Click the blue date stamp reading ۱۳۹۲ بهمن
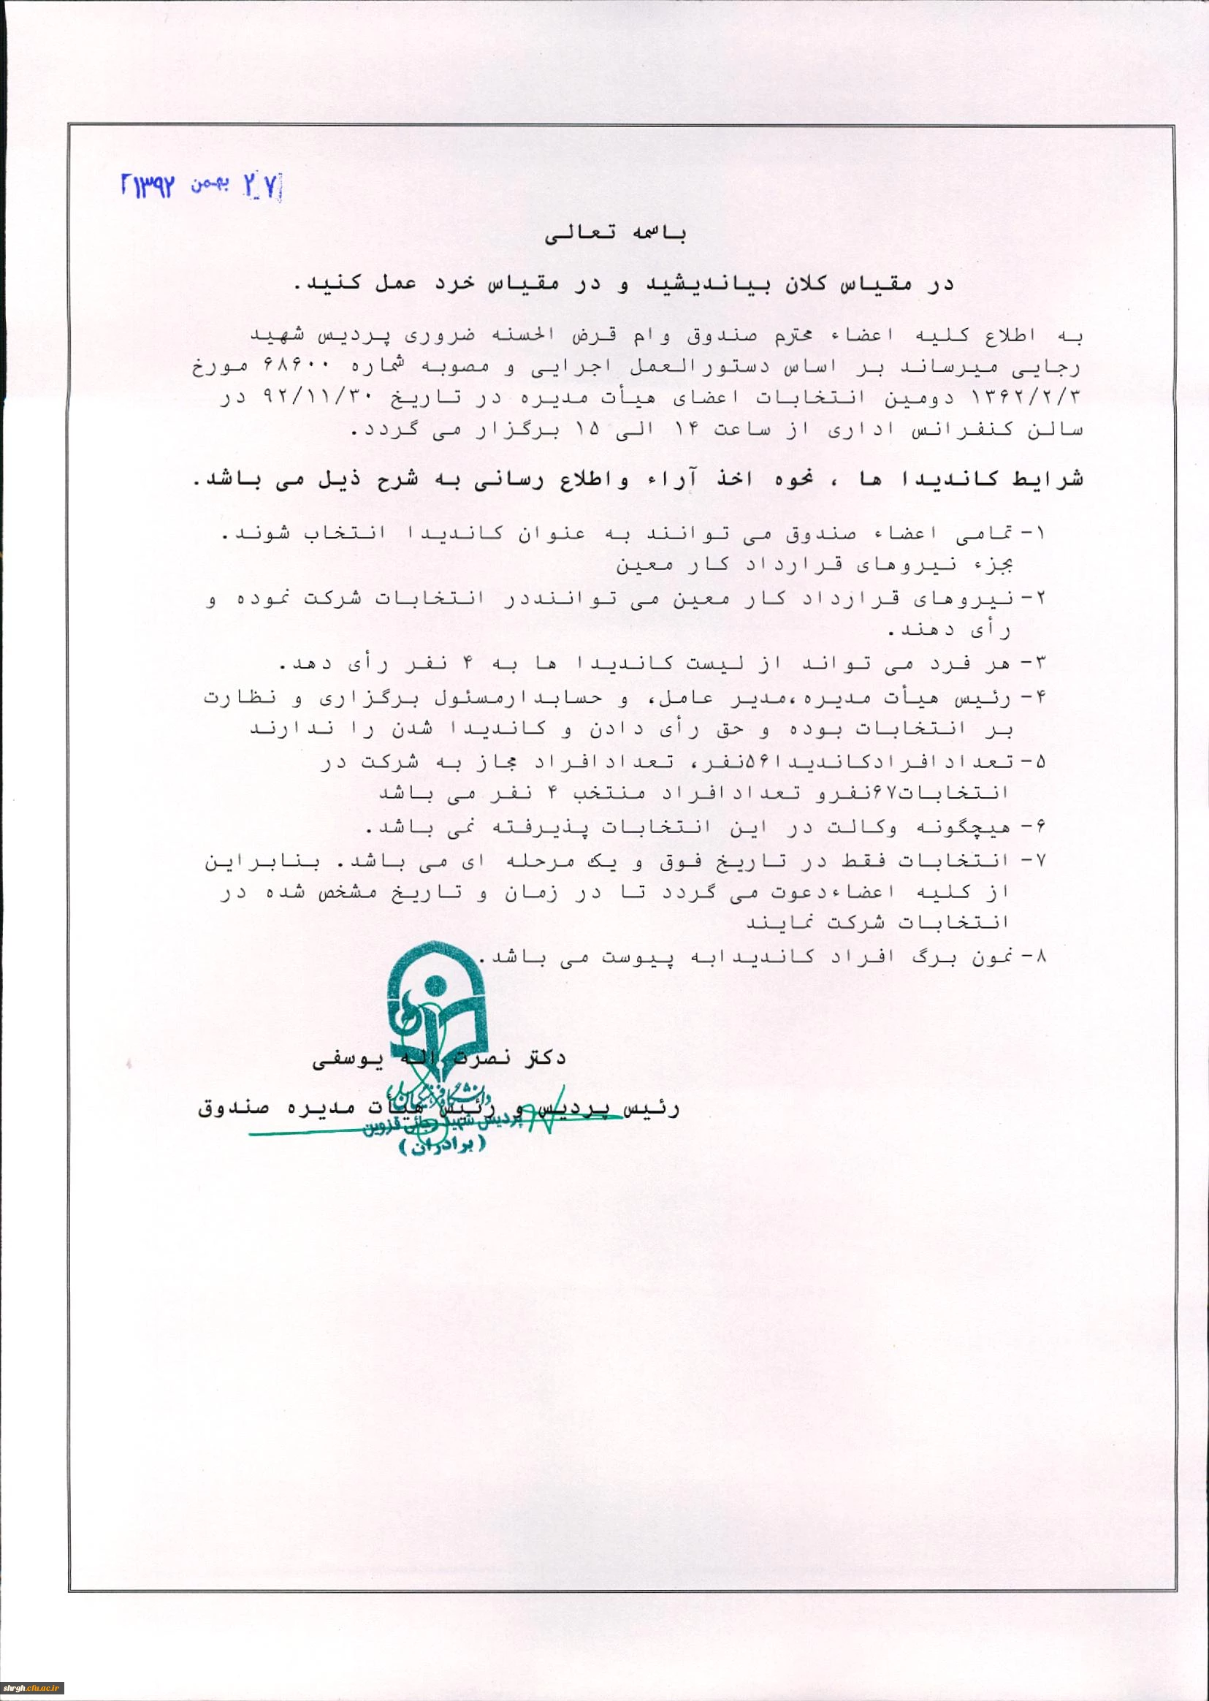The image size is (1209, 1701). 201,186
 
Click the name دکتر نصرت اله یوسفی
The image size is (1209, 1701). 439,1058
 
